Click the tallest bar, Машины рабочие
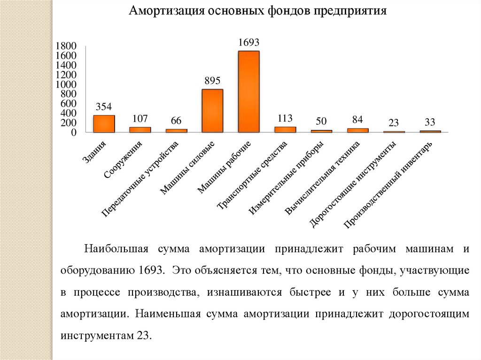tap(248, 92)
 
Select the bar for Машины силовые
tap(212, 111)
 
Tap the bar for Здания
tap(104, 124)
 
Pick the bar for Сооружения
tap(140, 130)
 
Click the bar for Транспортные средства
tap(285, 130)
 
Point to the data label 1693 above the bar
tap(249, 43)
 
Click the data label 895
tap(212, 81)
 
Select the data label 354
tap(104, 107)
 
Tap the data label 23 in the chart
tap(394, 123)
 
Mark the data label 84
tap(357, 120)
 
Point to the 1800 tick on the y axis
tap(66, 46)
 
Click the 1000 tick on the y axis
tap(66, 84)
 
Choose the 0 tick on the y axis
tap(73, 133)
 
